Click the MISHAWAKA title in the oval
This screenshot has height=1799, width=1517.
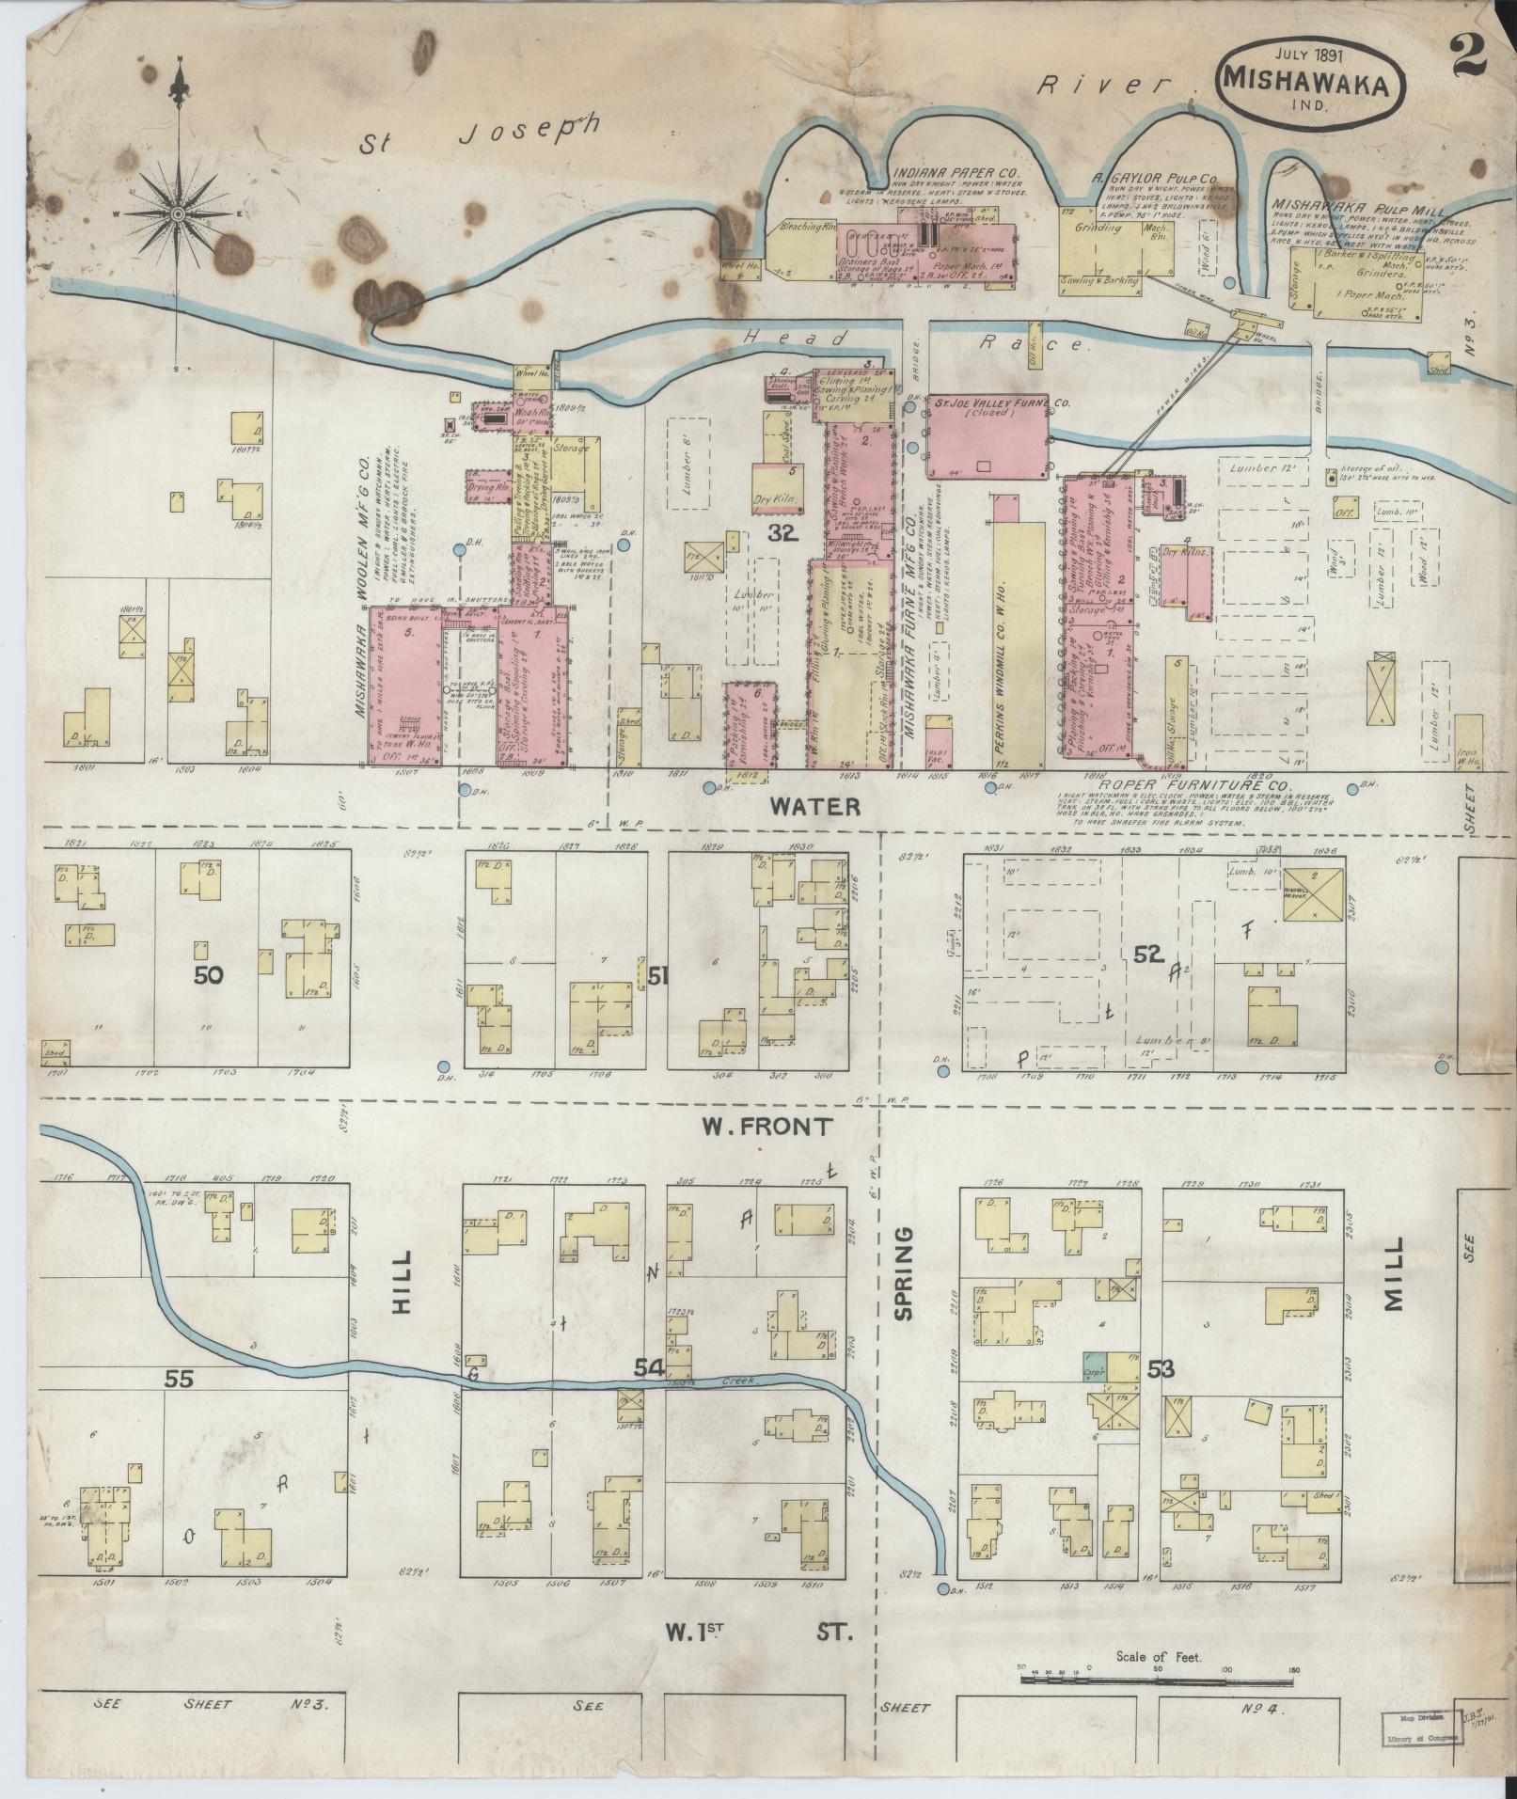point(1313,84)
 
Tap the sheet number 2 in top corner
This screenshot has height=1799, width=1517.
point(1468,34)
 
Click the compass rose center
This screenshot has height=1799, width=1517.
point(177,215)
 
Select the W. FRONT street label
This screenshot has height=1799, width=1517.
point(768,1126)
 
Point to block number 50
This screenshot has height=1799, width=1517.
point(208,976)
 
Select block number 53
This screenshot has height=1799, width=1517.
point(1161,1369)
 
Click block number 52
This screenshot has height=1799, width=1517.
point(1147,955)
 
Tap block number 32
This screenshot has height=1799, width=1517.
point(782,535)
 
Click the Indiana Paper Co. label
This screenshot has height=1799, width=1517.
point(941,172)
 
